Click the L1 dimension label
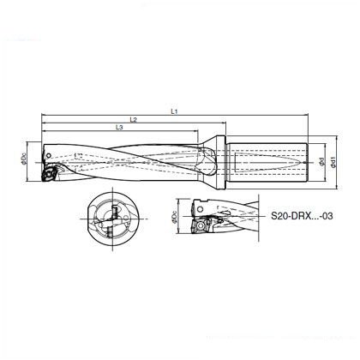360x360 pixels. coord(174,111)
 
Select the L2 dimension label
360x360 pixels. coord(134,120)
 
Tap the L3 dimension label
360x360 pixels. coord(119,128)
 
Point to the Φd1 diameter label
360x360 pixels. coord(333,162)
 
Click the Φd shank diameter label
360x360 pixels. coord(321,162)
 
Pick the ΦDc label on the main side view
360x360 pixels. coord(24,159)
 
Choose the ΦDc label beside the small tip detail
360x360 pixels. coord(175,217)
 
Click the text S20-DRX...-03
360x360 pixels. coord(302,216)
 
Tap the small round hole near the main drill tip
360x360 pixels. coord(49,155)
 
